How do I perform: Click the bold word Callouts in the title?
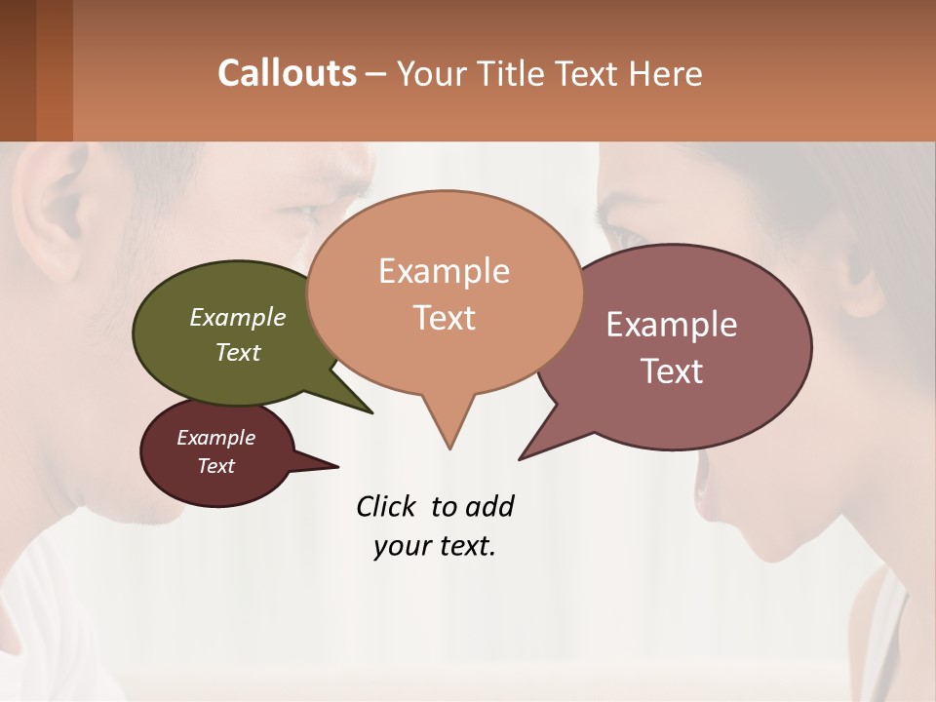tap(287, 73)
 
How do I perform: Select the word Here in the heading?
tap(665, 73)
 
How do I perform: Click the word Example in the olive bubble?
tap(238, 317)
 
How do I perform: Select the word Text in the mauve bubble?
tap(672, 370)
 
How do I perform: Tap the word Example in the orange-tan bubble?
tap(444, 271)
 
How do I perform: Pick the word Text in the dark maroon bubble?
tap(216, 465)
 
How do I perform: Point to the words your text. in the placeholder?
tap(434, 546)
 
